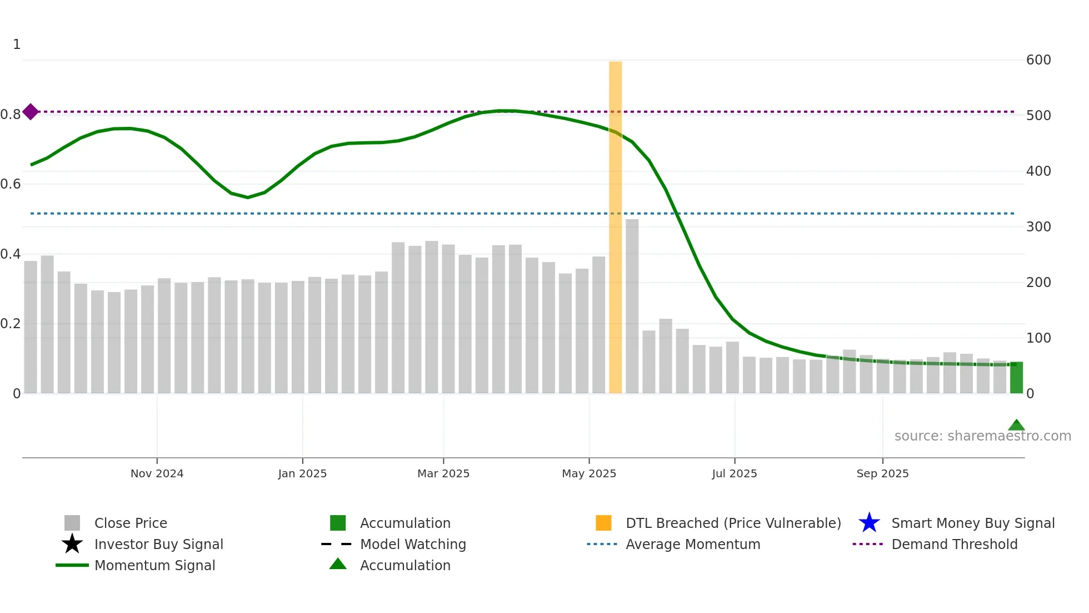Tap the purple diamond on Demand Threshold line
[x=31, y=112]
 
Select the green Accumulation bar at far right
[x=1016, y=378]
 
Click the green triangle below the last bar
[x=1016, y=426]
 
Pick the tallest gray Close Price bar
[x=632, y=306]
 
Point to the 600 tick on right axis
[x=1038, y=60]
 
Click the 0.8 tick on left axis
[x=11, y=115]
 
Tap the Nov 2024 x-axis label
[x=157, y=473]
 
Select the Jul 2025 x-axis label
[x=734, y=473]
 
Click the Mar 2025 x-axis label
[x=443, y=473]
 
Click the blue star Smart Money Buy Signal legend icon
[x=869, y=523]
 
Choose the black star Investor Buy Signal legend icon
[x=72, y=544]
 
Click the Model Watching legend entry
[x=412, y=544]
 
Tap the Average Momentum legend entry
[x=692, y=544]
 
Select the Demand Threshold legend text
[x=954, y=544]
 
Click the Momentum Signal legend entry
[x=154, y=565]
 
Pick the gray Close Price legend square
[x=72, y=523]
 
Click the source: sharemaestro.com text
[x=982, y=436]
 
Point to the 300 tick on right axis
[x=1038, y=227]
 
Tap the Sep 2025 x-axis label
[x=882, y=473]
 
